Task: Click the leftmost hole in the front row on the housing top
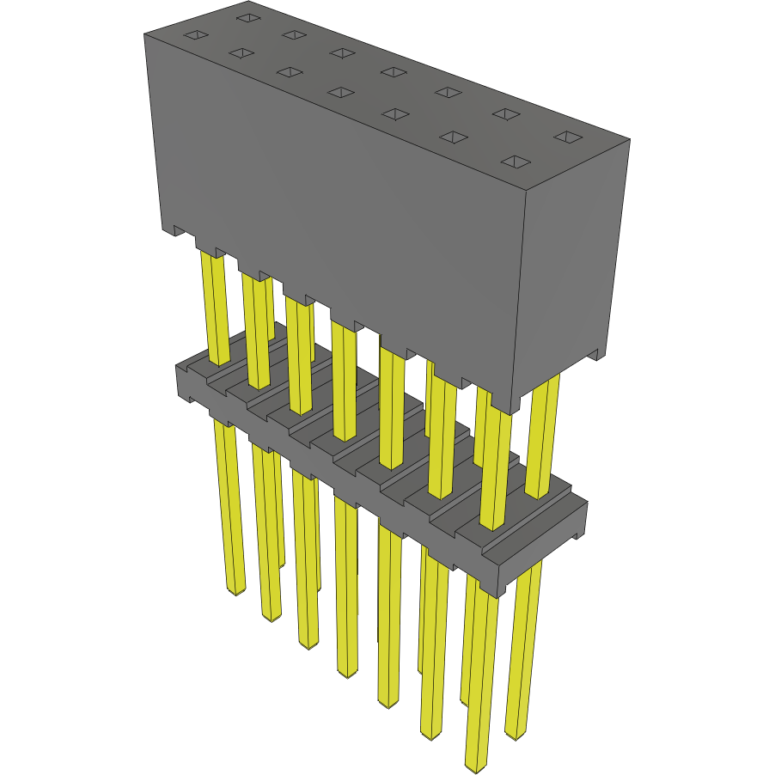pyautogui.click(x=196, y=35)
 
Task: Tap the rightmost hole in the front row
pyautogui.click(x=515, y=162)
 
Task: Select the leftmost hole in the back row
pyautogui.click(x=247, y=17)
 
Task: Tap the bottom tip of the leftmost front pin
pyautogui.click(x=235, y=592)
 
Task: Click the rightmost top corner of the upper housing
pyautogui.click(x=630, y=141)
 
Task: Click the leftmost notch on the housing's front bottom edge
pyautogui.click(x=180, y=231)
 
